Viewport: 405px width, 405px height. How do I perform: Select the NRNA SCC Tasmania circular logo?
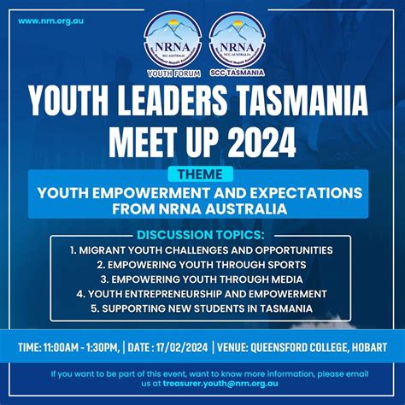(x=236, y=44)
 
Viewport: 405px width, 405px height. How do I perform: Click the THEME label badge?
(x=202, y=173)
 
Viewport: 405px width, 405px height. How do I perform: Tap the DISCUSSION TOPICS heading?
(x=201, y=235)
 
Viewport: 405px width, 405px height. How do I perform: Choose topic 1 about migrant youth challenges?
(x=202, y=250)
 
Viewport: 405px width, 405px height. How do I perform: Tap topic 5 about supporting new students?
(x=202, y=308)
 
